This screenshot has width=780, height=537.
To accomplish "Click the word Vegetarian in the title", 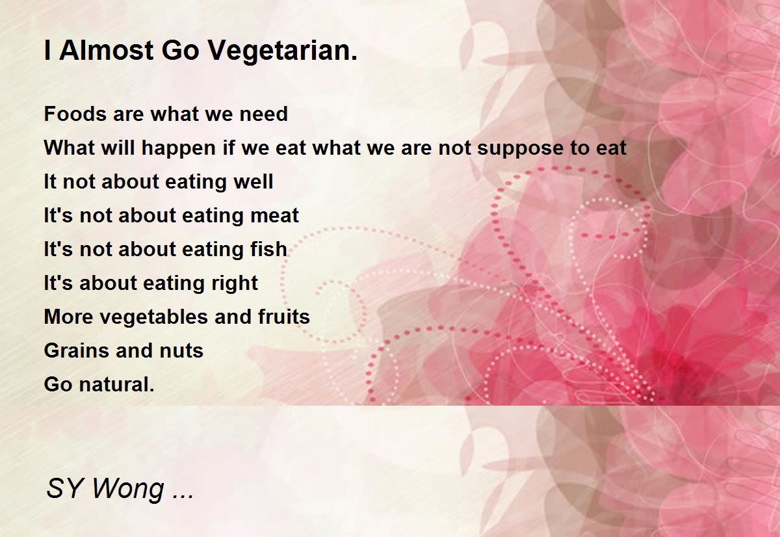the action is coord(283,51).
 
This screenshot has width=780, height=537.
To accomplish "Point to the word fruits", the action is coord(284,317).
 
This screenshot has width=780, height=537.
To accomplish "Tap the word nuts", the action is coord(181,351).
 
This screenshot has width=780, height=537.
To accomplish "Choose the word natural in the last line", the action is coord(116,384).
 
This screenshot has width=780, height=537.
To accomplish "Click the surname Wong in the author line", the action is coord(128,489).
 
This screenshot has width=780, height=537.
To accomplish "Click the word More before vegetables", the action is coord(69,317).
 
